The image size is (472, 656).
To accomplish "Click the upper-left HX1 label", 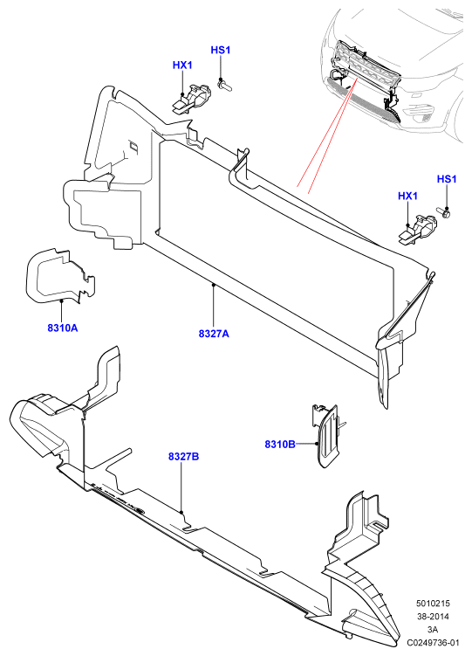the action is [x=182, y=66].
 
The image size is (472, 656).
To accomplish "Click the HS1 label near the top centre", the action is [x=221, y=50].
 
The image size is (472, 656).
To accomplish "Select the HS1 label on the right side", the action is [x=447, y=179].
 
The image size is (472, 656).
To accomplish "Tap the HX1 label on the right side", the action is [x=407, y=196].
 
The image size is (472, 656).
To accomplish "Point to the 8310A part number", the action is [x=63, y=328].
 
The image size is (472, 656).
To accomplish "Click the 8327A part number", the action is [x=214, y=334].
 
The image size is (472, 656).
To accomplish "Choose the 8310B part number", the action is [x=280, y=444].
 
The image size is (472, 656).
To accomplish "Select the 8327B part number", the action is [x=184, y=457].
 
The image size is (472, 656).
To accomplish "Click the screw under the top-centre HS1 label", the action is [x=224, y=85].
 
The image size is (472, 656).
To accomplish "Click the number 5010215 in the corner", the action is [x=433, y=604].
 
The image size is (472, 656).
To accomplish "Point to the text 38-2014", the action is [x=433, y=616].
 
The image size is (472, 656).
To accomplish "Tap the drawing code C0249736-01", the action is [x=434, y=642].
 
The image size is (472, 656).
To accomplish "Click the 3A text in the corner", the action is [x=433, y=629].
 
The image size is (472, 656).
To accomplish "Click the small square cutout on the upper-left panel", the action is [x=134, y=147].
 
